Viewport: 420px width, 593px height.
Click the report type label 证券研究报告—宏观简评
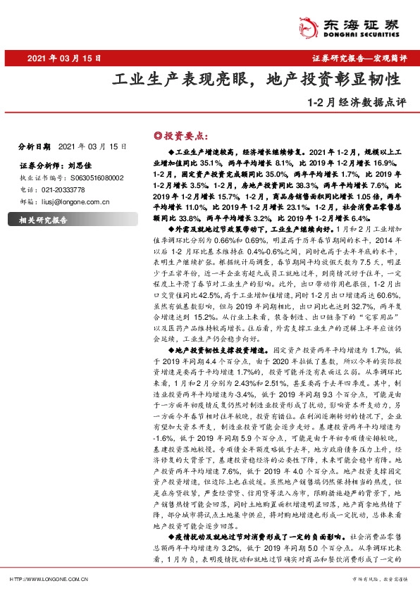point(358,58)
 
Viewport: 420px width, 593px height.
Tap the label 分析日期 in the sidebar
point(34,146)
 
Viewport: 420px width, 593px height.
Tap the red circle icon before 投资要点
point(157,135)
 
